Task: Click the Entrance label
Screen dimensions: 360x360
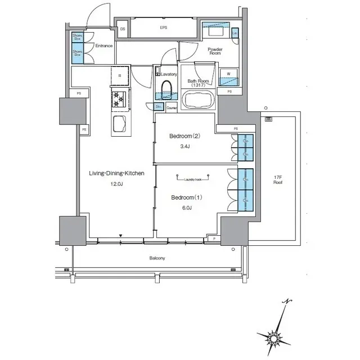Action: pyautogui.click(x=104, y=46)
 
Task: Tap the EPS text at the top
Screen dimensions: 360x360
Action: pyautogui.click(x=164, y=27)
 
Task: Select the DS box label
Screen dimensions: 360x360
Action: pyautogui.click(x=122, y=27)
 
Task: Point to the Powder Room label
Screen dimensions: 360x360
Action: pyautogui.click(x=215, y=51)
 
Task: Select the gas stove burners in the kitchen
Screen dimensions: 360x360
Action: pyautogui.click(x=119, y=99)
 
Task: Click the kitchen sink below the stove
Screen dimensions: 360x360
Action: pyautogui.click(x=119, y=124)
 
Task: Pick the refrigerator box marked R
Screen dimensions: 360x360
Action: pyautogui.click(x=119, y=76)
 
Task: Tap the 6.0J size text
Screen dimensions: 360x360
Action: pyautogui.click(x=186, y=208)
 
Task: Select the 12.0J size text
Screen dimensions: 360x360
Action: pyautogui.click(x=115, y=184)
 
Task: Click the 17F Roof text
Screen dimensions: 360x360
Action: pyautogui.click(x=277, y=180)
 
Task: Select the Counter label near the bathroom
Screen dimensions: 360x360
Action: pyautogui.click(x=172, y=107)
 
